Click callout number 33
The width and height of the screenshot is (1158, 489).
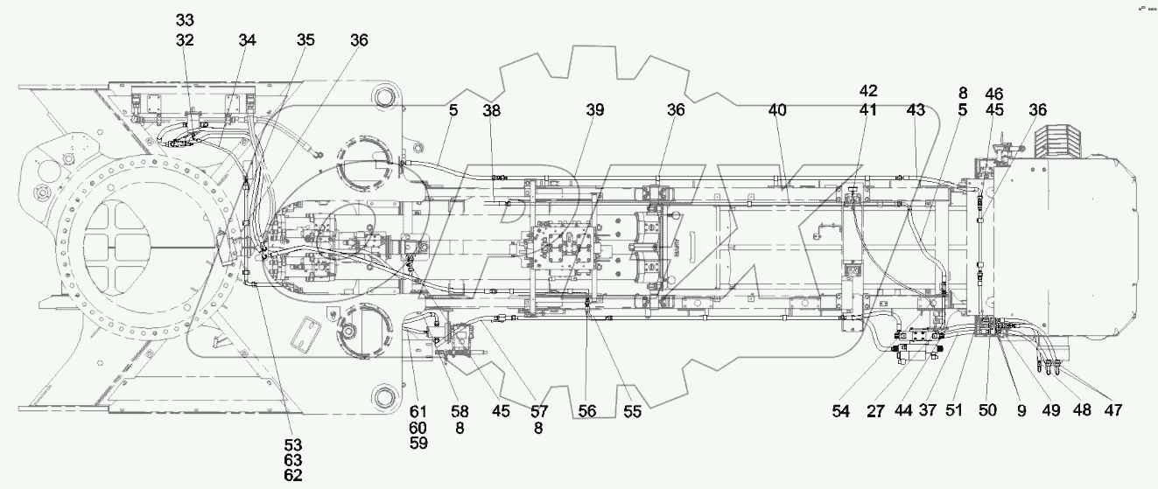click(185, 20)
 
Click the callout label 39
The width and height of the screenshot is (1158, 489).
click(595, 110)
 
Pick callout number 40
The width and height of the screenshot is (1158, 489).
click(776, 110)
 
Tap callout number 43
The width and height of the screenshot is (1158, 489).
click(916, 110)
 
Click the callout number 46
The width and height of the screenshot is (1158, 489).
click(994, 93)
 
